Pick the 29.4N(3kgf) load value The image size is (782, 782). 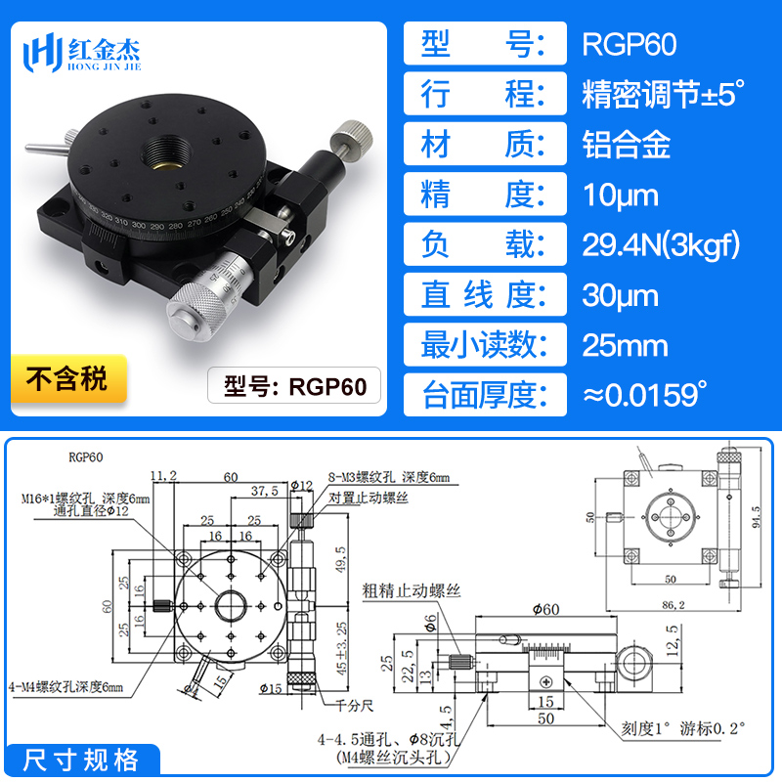pos(661,245)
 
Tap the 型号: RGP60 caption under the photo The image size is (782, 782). pos(294,387)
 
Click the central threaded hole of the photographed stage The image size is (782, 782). pos(161,153)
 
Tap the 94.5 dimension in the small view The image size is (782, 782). pos(756,514)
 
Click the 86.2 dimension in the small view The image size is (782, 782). pos(671,606)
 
